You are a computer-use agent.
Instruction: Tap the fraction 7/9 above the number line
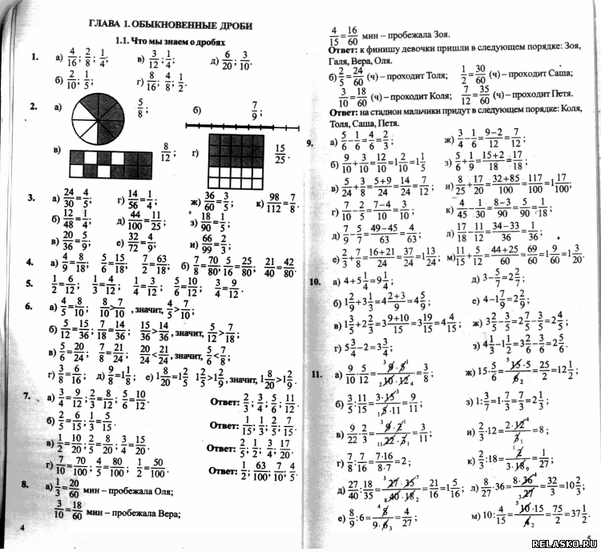(255, 107)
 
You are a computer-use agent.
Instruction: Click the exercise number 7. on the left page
(26, 397)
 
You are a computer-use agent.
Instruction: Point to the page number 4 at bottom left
(22, 527)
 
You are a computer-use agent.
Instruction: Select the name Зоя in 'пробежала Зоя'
(439, 35)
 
